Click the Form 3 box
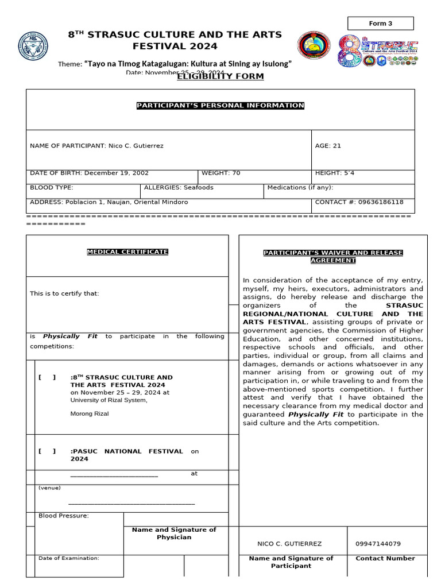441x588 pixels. tap(381, 24)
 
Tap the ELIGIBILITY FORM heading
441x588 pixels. tap(220, 77)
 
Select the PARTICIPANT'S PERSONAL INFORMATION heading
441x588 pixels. tap(220, 106)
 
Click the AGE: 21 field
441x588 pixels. tap(328, 146)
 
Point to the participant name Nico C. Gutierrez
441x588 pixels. tap(136, 146)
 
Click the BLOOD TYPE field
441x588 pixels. tap(52, 188)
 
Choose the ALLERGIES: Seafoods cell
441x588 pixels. tap(179, 188)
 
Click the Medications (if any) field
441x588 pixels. tap(300, 188)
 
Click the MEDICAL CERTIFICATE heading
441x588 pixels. tap(127, 252)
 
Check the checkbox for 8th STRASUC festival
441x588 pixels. tap(47, 377)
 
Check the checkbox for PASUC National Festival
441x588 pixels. tap(47, 451)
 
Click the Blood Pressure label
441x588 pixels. tap(64, 516)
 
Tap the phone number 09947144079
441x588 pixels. tap(378, 544)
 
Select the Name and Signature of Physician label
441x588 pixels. tap(174, 533)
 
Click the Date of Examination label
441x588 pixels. tap(69, 558)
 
